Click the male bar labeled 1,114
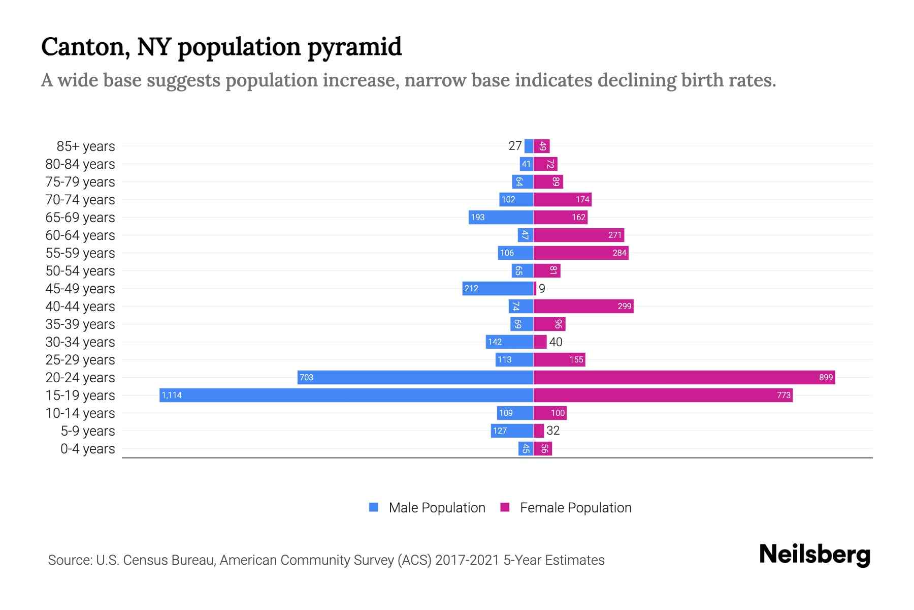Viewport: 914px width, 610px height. pos(346,395)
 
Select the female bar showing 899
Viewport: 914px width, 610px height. pos(683,377)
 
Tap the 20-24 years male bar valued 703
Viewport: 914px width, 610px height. pos(415,377)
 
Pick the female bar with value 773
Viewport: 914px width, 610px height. pos(663,395)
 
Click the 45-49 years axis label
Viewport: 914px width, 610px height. pos(80,288)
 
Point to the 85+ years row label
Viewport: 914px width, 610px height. pos(86,146)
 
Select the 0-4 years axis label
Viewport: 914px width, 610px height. pos(87,448)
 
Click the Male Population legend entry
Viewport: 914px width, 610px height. pos(427,507)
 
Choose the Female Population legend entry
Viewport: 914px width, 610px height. pos(566,507)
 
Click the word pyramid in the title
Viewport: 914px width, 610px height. pos(354,47)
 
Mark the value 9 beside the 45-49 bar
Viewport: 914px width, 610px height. pos(542,288)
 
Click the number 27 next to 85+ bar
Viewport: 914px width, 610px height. pos(515,146)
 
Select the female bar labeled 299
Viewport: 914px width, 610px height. pos(583,306)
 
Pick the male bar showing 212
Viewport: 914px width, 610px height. pos(497,288)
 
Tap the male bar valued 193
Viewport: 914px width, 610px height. pos(500,217)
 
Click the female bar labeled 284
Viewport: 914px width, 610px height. pos(580,253)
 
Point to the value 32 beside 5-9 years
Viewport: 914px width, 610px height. pos(552,431)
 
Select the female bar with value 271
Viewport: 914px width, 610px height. pos(578,235)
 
